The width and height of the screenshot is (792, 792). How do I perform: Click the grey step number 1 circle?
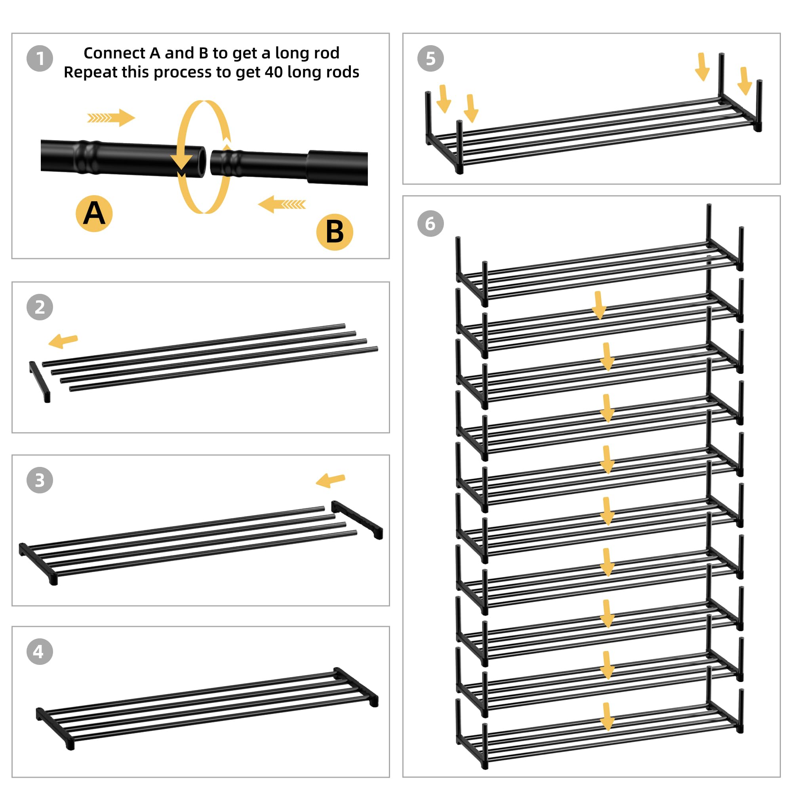click(x=40, y=59)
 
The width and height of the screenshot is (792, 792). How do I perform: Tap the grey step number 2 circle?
click(x=40, y=307)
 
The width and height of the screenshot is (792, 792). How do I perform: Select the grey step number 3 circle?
click(x=40, y=480)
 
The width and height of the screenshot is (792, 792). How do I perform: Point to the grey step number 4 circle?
click(x=40, y=651)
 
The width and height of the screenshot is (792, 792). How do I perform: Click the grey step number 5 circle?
click(x=430, y=59)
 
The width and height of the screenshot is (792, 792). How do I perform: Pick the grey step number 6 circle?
click(x=430, y=223)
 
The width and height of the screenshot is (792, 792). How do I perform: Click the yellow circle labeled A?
click(x=94, y=213)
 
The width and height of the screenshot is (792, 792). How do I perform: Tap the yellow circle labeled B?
click(x=335, y=232)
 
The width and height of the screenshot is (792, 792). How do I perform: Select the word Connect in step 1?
click(x=115, y=53)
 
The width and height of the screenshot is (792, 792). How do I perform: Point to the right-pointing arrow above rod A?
click(x=111, y=118)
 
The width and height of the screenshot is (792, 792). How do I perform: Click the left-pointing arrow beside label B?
click(x=282, y=204)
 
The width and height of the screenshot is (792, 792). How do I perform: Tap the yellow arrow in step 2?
click(x=63, y=341)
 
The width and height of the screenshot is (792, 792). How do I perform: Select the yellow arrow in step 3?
click(x=330, y=480)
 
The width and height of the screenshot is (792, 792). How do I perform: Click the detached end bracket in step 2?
click(x=40, y=382)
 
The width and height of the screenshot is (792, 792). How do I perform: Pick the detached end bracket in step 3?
click(x=357, y=520)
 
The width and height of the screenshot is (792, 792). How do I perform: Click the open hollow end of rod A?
click(x=201, y=161)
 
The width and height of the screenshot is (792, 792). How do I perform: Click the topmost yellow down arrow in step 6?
click(x=599, y=305)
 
